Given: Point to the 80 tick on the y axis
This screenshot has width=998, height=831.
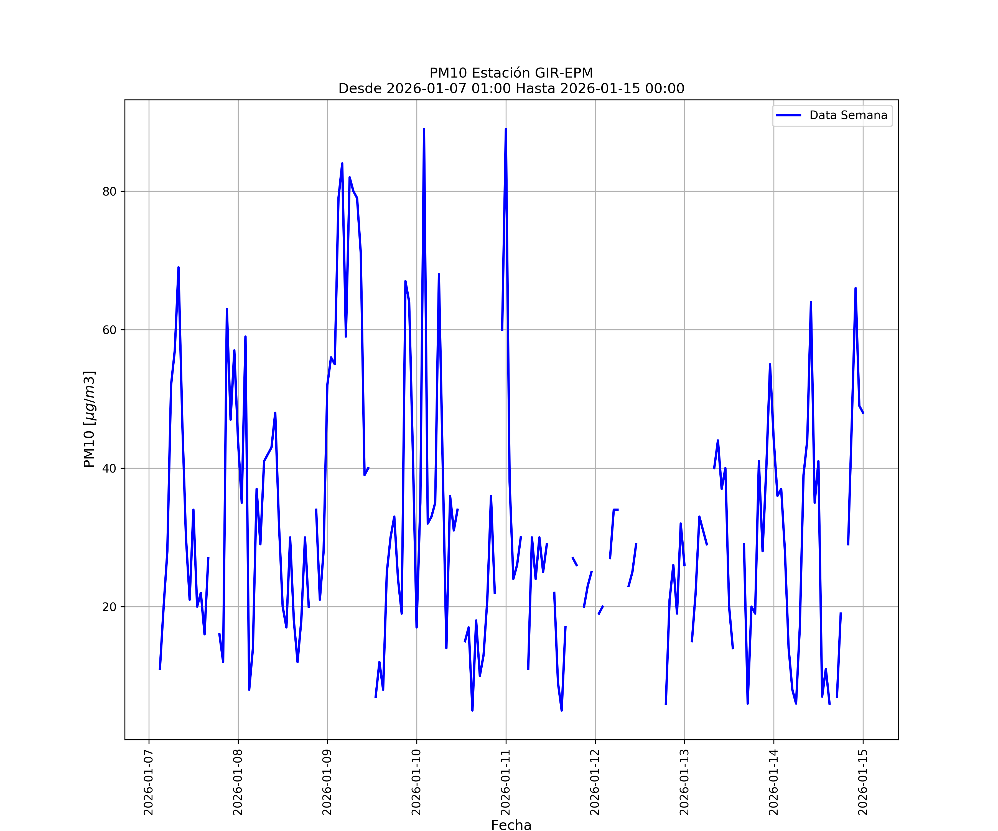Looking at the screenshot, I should pos(109,191).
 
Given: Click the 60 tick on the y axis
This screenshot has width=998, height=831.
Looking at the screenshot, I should pos(109,330).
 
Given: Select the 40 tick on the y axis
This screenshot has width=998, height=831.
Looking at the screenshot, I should pos(109,468).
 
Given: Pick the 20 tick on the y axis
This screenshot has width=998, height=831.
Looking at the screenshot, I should pos(109,607).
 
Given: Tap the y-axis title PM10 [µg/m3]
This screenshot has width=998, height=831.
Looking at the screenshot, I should pos(89,419).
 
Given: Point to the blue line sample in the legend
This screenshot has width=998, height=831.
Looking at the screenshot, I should pos(788,116).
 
